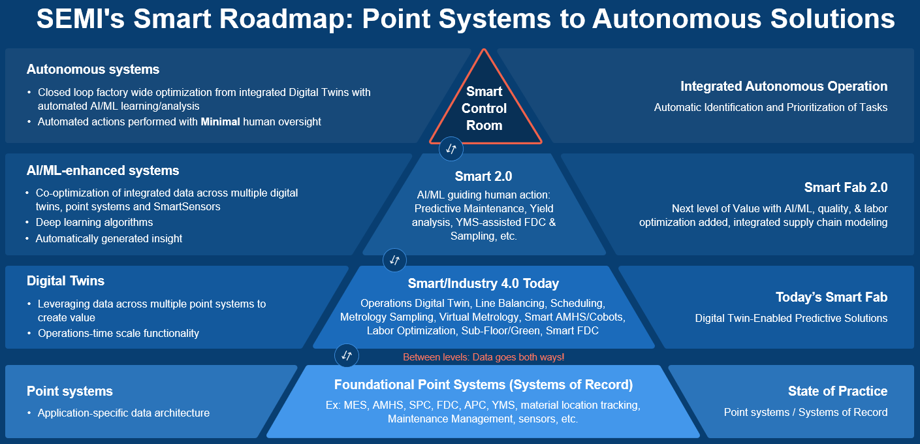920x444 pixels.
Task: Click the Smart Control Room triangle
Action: coord(484,108)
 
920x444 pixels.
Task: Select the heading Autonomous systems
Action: coord(93,69)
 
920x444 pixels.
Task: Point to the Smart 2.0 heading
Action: coord(483,176)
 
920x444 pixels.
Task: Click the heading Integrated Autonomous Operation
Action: coord(784,86)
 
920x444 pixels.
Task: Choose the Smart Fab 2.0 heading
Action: coord(846,187)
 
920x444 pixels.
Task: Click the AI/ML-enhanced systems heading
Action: coord(103,170)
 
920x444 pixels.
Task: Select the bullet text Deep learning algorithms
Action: coord(94,222)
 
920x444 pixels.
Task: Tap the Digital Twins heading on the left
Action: coord(65,281)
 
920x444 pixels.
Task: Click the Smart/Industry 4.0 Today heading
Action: coord(483,283)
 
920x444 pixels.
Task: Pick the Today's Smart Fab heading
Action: coord(831,297)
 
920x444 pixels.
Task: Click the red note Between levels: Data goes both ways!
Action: coord(483,357)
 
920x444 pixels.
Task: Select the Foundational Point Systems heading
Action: coord(483,385)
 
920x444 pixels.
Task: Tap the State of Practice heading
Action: coord(838,391)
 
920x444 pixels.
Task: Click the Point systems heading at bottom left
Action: coord(69,391)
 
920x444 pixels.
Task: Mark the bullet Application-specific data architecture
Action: coord(123,413)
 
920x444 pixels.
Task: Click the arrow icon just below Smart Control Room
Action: coord(451,149)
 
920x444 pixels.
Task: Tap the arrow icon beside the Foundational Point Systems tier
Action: coord(346,355)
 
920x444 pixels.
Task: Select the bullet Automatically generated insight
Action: coord(108,238)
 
